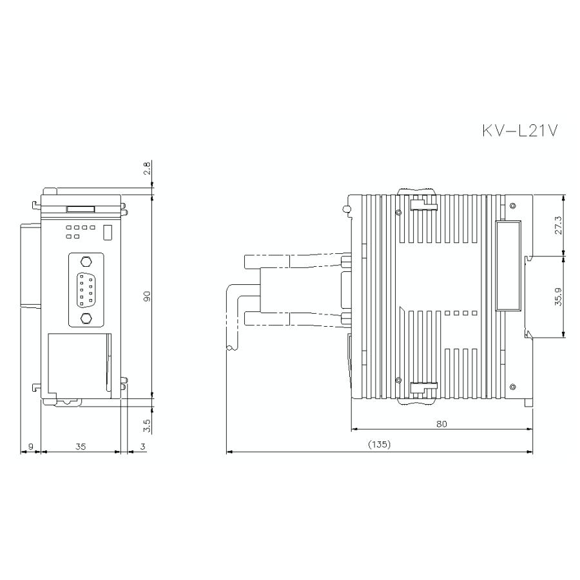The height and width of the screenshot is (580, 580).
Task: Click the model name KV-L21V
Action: tap(519, 131)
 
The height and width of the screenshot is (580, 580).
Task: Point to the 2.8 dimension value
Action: tap(147, 169)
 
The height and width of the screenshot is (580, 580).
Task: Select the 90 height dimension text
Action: tap(147, 296)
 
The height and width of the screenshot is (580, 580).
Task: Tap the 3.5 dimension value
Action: tap(147, 425)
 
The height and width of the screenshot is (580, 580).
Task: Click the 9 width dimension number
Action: tap(30, 445)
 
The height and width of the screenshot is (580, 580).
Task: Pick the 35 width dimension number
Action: tap(80, 445)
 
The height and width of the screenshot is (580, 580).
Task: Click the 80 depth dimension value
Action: tap(441, 423)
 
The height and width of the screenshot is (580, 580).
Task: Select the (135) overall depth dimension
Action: tap(379, 445)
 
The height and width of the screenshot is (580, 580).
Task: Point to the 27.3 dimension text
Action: tap(559, 225)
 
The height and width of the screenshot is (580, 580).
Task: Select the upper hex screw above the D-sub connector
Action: tap(85, 262)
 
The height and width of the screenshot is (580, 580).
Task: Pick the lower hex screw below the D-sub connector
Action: tap(85, 318)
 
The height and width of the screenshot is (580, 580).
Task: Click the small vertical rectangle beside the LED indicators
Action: tap(108, 231)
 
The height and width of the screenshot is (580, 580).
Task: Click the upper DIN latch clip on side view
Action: tap(424, 205)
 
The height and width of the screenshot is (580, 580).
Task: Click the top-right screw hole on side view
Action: tap(512, 206)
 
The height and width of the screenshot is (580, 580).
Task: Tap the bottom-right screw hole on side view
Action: tap(512, 387)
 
